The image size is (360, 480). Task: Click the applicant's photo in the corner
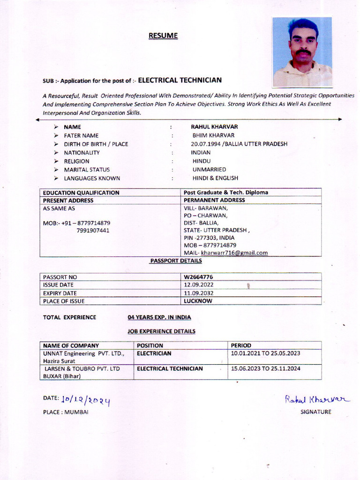pyautogui.click(x=302, y=52)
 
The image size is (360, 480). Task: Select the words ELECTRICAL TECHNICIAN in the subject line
pyautogui.click(x=180, y=80)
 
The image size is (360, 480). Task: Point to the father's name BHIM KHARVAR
pyautogui.click(x=213, y=135)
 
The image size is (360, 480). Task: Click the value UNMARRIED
pyautogui.click(x=209, y=169)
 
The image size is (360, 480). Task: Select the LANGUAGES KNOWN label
pyautogui.click(x=92, y=178)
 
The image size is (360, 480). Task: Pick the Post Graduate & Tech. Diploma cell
pyautogui.click(x=226, y=192)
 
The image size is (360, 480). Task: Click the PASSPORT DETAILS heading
pyautogui.click(x=176, y=261)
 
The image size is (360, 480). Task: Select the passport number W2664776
pyautogui.click(x=198, y=277)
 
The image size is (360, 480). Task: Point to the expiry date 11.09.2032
pyautogui.click(x=199, y=293)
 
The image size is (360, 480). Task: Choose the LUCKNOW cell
pyautogui.click(x=198, y=301)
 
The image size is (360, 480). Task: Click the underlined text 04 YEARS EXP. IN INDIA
pyautogui.click(x=159, y=317)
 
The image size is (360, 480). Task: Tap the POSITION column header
pyautogui.click(x=150, y=345)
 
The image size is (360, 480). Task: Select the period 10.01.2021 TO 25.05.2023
pyautogui.click(x=265, y=353)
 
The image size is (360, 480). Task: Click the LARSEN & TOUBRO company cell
pyautogui.click(x=82, y=372)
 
